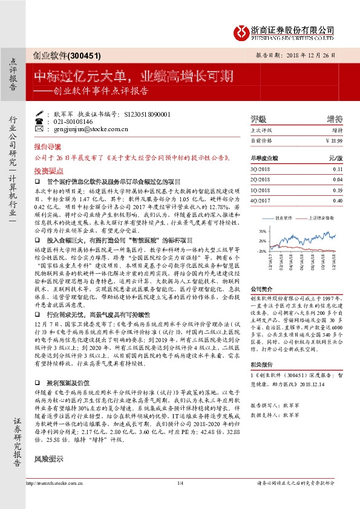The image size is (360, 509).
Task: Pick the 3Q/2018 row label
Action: [261, 170]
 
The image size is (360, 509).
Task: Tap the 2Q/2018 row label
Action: [261, 180]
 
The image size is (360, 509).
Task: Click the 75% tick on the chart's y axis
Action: [262, 232]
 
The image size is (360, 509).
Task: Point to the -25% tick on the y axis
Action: [261, 250]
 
